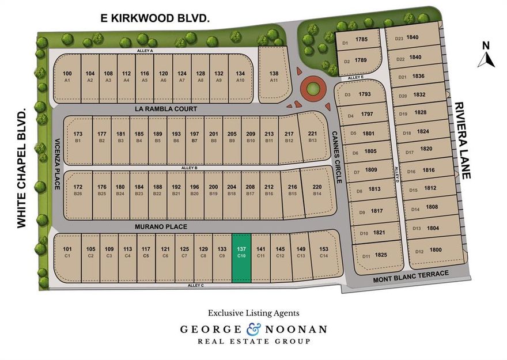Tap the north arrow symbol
click(486, 56)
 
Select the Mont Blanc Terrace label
click(411, 274)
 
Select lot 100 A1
click(67, 77)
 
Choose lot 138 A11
click(274, 77)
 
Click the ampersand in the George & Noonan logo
click(253, 329)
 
